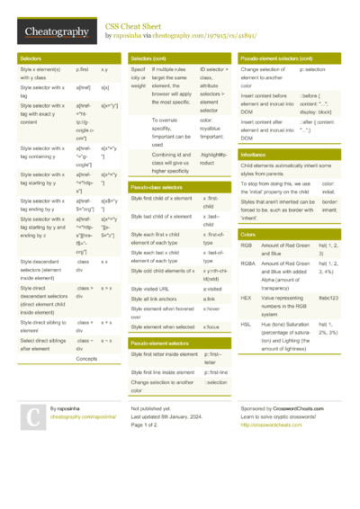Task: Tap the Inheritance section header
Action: tap(254, 155)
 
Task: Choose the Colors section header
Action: tap(248, 233)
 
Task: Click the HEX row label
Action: tap(247, 296)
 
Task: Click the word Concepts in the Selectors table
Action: tap(87, 358)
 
